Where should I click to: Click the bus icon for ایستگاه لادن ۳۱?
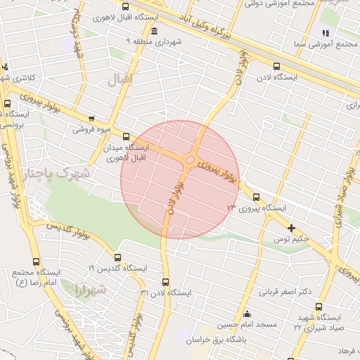tap(166, 282)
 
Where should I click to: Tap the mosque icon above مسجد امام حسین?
tap(247, 314)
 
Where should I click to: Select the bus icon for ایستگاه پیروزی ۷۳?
tap(255, 198)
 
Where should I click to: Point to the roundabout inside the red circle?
tap(191, 162)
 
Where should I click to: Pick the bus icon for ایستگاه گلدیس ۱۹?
tap(117, 257)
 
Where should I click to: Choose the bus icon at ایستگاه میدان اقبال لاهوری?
tap(126, 136)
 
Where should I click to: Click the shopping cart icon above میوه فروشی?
tap(91, 119)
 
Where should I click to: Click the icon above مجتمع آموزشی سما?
tap(325, 33)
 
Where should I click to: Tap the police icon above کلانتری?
tap(6, 67)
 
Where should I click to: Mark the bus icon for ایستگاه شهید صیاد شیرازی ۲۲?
tap(319, 307)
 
